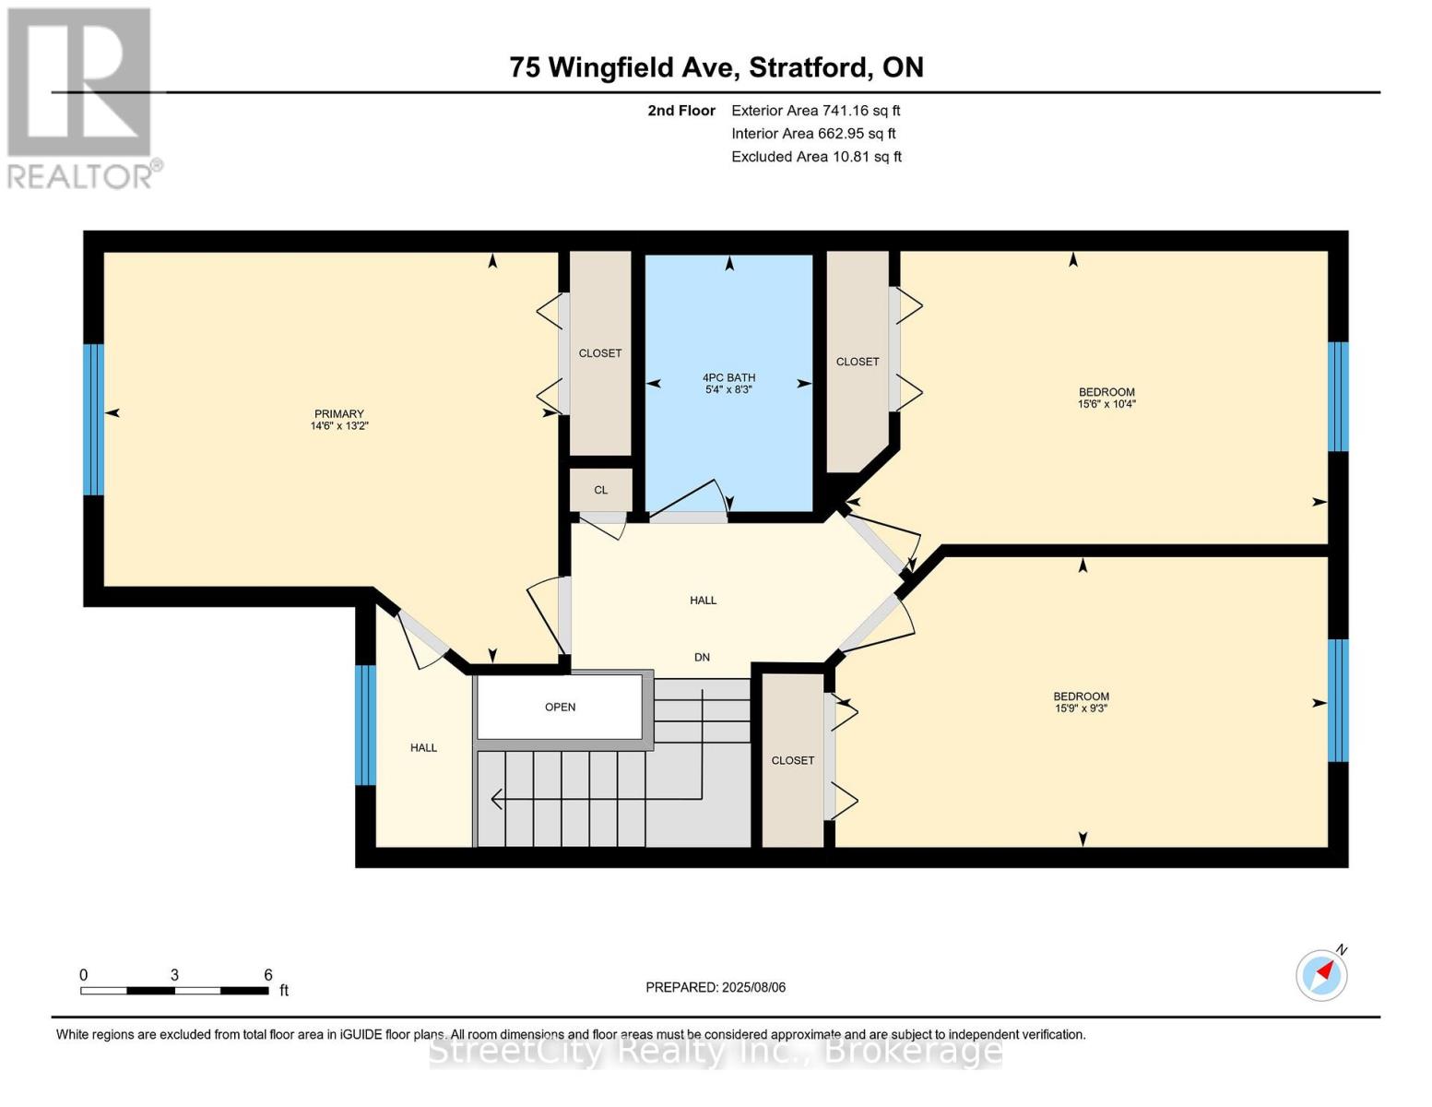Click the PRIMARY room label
pos(339,414)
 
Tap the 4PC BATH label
pos(728,377)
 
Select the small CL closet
pos(600,490)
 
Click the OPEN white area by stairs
pos(560,708)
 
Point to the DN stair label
pos(702,658)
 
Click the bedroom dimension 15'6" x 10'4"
pos(1106,404)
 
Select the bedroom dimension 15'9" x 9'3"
pos(1081,708)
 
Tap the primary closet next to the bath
pos(600,353)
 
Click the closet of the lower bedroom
pos(793,760)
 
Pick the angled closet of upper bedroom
pos(857,362)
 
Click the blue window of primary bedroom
pos(93,420)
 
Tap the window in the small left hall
pos(366,725)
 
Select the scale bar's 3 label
pos(174,975)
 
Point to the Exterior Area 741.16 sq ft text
pos(815,111)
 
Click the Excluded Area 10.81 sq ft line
pos(816,157)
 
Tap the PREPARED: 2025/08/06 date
pos(716,987)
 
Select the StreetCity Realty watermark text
pos(716,1051)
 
